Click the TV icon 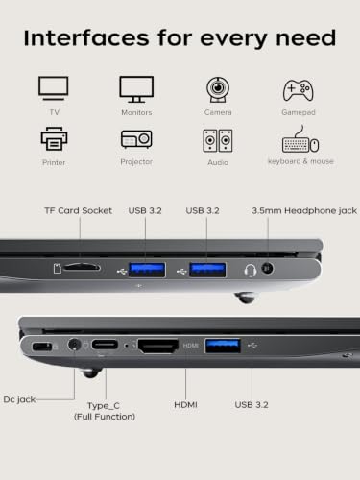coord(54,88)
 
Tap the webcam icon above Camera coord(218,89)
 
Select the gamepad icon coord(299,90)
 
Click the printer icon coord(54,138)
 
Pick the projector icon coord(136,139)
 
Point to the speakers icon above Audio coord(218,140)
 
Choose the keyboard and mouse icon coord(300,140)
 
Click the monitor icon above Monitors coord(136,89)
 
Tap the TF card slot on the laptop coord(82,267)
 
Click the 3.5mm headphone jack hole coord(267,268)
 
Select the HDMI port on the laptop coord(158,346)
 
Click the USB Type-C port coord(105,345)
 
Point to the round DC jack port coord(75,345)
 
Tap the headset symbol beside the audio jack coord(251,271)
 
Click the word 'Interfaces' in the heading coord(86,38)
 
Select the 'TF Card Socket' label coord(79,210)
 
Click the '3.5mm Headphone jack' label coord(304,210)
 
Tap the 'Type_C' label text coord(104,406)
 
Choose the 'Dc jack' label coord(19,399)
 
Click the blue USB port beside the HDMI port coord(223,346)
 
